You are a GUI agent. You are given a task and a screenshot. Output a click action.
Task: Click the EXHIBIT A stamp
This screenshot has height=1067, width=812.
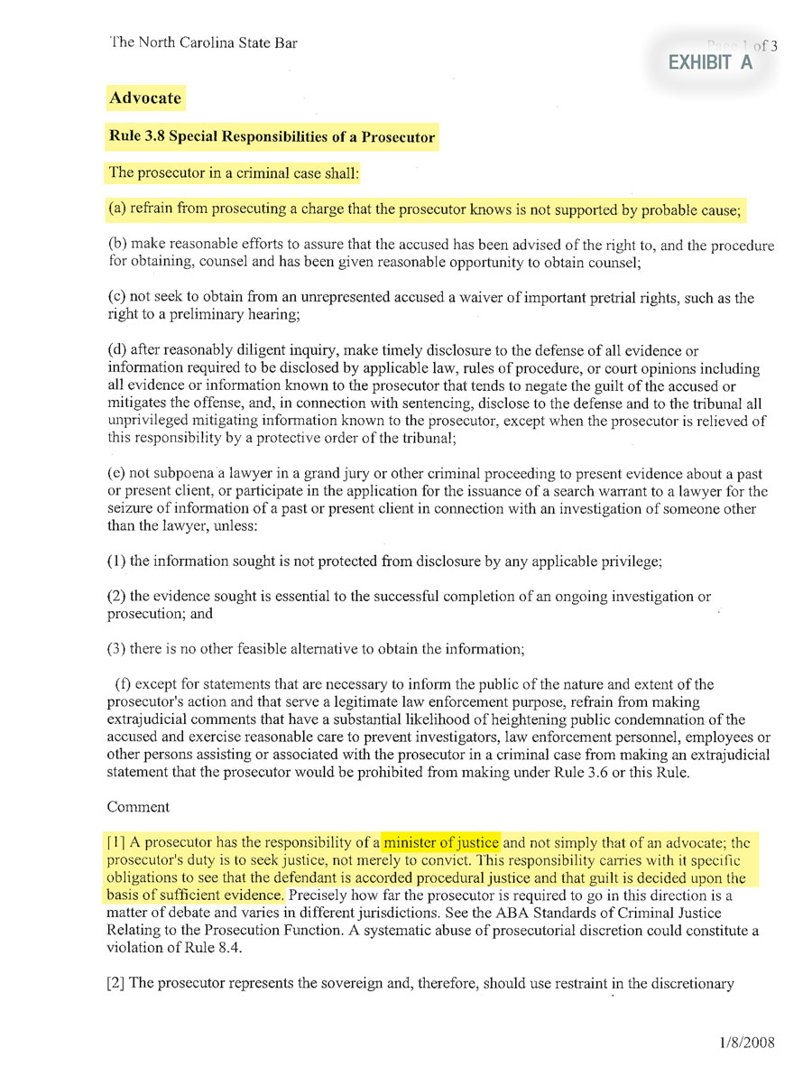pyautogui.click(x=709, y=62)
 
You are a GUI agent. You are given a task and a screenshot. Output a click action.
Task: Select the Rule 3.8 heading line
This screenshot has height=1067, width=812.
pyautogui.click(x=272, y=137)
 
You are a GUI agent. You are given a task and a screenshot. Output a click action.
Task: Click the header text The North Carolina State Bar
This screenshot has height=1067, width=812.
pyautogui.click(x=203, y=42)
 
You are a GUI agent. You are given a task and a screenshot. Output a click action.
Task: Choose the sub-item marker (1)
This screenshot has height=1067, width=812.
pyautogui.click(x=115, y=561)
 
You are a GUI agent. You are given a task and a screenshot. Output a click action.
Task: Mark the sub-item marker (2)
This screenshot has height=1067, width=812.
pyautogui.click(x=115, y=597)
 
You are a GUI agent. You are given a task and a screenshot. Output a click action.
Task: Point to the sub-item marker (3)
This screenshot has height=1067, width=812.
pyautogui.click(x=115, y=649)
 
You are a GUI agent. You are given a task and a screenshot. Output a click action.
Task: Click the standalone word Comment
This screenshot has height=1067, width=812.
pyautogui.click(x=138, y=806)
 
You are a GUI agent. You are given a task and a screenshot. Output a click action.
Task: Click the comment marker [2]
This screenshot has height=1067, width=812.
pyautogui.click(x=116, y=982)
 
